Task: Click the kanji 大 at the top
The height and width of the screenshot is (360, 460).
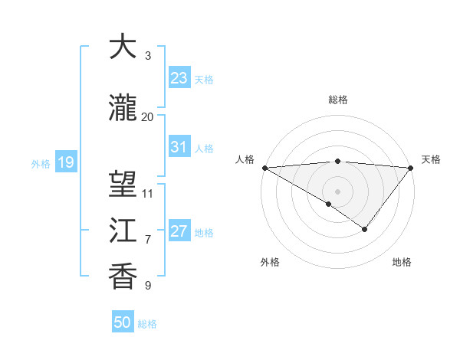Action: tap(123, 47)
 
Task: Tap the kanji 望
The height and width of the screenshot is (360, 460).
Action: tap(123, 185)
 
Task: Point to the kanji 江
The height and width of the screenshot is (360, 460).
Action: tap(123, 231)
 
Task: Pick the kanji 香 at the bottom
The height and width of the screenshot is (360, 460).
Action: tap(123, 277)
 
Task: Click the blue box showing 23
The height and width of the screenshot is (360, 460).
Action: tap(179, 78)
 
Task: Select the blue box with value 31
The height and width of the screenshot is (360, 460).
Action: tap(179, 147)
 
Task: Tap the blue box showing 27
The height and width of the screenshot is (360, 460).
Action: tap(179, 231)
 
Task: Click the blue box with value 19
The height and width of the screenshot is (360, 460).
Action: tap(65, 162)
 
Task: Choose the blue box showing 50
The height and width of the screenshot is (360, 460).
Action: tap(123, 322)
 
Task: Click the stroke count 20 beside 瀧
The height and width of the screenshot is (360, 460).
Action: tap(148, 116)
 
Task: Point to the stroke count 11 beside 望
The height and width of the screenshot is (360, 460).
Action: tap(148, 193)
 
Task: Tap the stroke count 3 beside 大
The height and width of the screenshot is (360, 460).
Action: tap(148, 56)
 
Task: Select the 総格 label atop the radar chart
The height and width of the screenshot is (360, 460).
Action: tap(338, 100)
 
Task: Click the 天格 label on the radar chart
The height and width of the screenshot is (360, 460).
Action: tap(432, 159)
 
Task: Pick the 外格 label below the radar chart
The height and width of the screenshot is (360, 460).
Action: tap(270, 262)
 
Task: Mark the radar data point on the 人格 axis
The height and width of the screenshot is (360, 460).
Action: tap(264, 168)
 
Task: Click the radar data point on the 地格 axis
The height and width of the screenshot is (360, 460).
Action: tap(365, 229)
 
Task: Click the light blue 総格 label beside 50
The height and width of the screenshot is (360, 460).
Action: tap(147, 324)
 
